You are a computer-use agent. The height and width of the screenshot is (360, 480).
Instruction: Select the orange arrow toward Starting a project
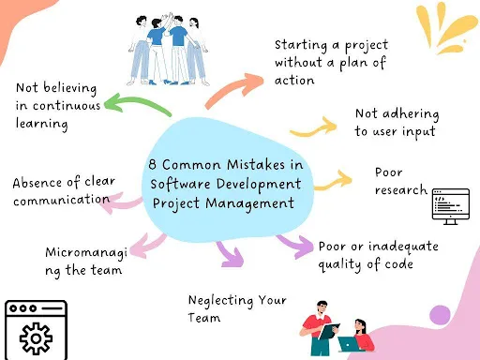(232, 88)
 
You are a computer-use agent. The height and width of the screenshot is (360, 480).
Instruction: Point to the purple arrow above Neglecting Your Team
(230, 255)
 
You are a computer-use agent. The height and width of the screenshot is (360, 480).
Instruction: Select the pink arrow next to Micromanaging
(147, 247)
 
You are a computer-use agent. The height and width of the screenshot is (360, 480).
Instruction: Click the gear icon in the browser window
(36, 338)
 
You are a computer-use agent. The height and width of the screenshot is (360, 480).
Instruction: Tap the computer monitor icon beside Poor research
(451, 206)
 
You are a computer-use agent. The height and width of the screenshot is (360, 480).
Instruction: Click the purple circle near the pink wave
(440, 315)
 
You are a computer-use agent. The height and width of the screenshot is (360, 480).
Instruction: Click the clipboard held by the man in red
(328, 331)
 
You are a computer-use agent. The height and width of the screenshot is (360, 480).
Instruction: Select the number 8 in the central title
(152, 164)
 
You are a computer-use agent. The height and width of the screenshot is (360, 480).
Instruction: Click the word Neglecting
(220, 301)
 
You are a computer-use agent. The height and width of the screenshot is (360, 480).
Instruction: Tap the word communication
(61, 200)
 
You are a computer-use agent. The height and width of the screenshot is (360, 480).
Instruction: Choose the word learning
(42, 124)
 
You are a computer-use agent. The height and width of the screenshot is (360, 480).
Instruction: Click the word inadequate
(403, 247)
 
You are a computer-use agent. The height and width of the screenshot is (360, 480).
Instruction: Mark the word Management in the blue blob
(249, 203)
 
